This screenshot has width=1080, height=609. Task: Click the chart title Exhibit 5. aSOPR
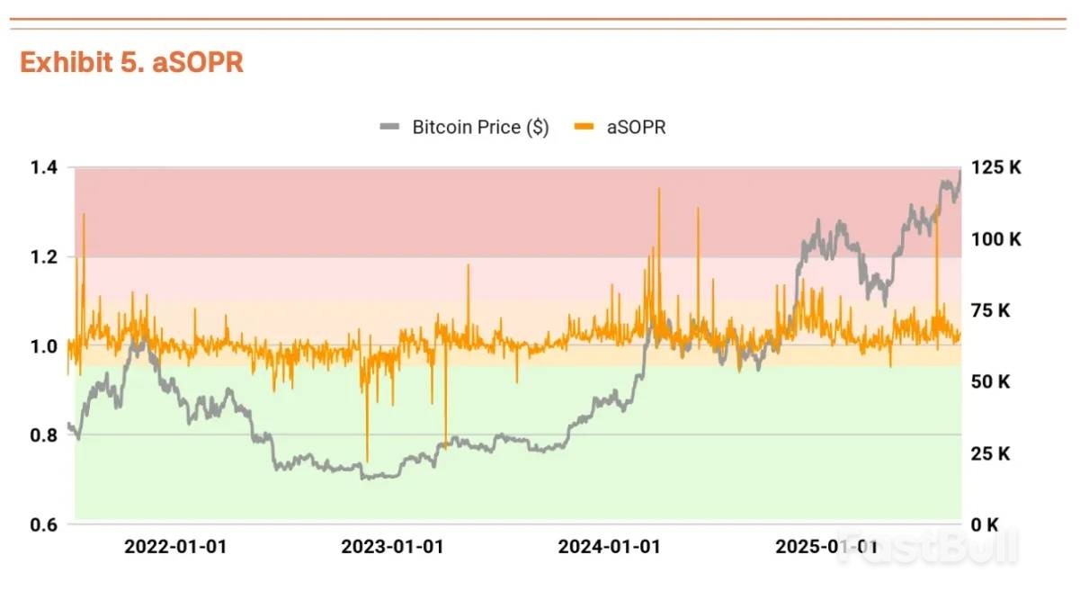[131, 63]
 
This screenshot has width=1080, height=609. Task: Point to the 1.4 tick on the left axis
[43, 167]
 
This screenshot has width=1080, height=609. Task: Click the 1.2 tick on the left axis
[43, 256]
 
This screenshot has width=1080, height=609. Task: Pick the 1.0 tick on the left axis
[43, 346]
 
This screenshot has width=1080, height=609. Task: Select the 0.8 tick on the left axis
[43, 435]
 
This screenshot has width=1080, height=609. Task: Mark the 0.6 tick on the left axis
[43, 524]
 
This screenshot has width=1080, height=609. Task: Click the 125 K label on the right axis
[995, 167]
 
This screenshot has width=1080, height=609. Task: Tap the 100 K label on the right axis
[995, 239]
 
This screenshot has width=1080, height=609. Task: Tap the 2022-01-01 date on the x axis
[175, 547]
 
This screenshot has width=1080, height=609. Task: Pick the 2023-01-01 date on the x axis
[392, 547]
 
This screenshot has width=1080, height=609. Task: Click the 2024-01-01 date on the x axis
[609, 547]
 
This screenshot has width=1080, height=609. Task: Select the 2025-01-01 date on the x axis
[826, 547]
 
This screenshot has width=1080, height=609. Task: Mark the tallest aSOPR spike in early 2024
[658, 191]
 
